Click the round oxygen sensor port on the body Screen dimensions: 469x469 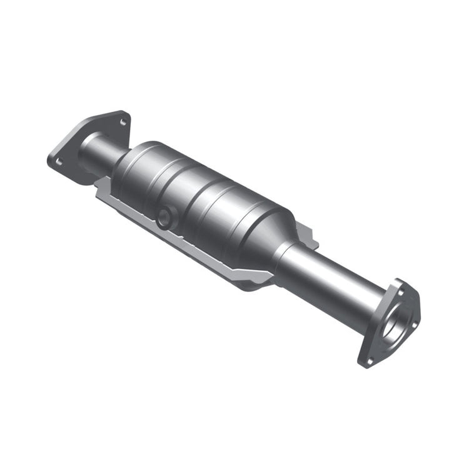click(164, 218)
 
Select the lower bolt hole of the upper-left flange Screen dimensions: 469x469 click(59, 161)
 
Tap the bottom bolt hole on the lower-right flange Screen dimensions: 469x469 click(370, 360)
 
